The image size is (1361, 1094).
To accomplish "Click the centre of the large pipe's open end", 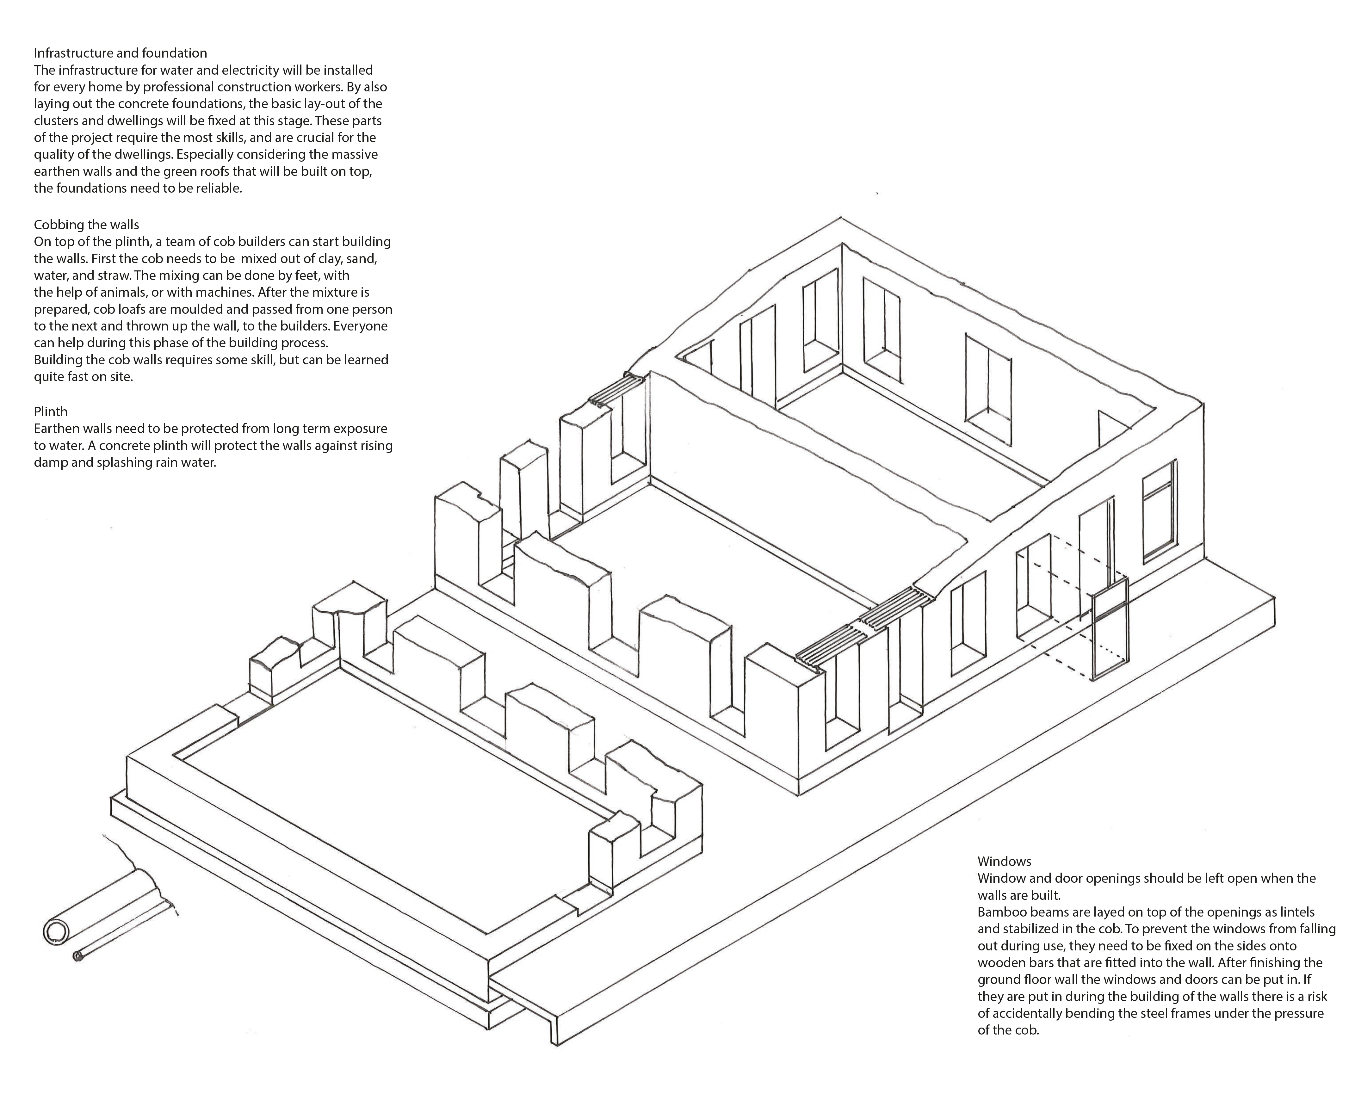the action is (x=56, y=932).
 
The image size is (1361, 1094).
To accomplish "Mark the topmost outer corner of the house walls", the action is (x=841, y=218).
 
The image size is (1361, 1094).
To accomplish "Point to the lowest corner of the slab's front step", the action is (x=557, y=1046).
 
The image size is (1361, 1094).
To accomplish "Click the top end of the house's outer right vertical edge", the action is (x=1203, y=402).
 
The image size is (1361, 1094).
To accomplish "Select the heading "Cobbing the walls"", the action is (x=86, y=225).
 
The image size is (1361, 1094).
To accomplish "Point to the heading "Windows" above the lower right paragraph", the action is (x=1004, y=861).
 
